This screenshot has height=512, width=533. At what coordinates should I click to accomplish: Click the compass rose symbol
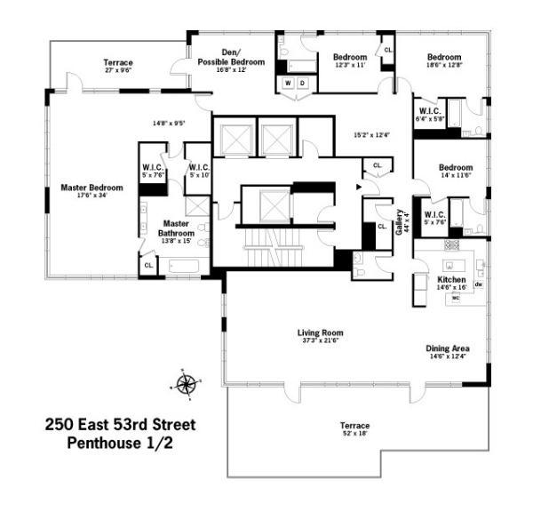(186, 384)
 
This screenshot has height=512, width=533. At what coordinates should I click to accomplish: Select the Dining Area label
(447, 348)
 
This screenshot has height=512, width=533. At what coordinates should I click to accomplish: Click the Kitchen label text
(451, 280)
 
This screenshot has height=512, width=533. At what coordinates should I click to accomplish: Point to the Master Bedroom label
(91, 188)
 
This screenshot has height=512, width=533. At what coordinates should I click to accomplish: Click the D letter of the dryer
(302, 84)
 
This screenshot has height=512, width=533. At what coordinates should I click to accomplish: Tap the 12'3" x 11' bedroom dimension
(350, 66)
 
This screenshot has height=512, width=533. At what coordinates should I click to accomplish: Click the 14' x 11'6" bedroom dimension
(455, 176)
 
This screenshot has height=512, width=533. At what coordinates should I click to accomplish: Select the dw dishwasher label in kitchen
(478, 284)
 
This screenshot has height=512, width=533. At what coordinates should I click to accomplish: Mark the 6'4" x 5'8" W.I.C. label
(430, 118)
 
